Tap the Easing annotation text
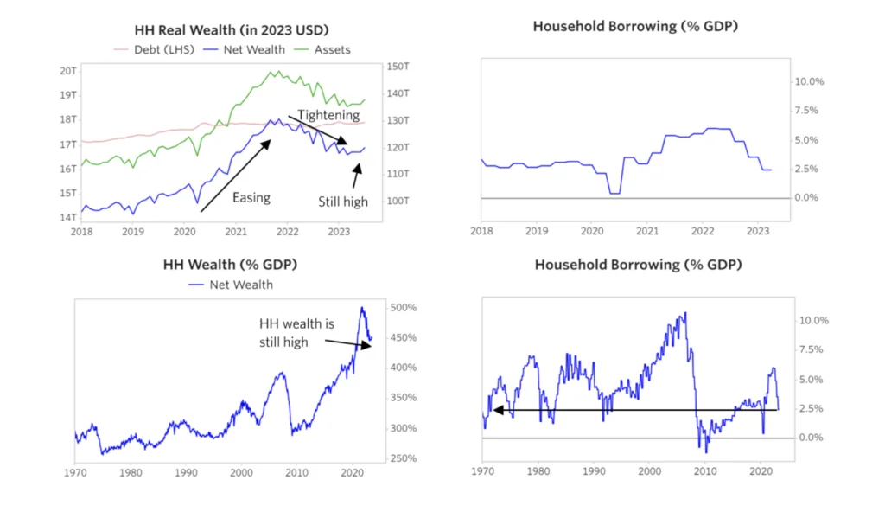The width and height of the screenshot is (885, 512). tap(251, 197)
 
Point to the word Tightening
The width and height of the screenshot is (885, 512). tap(328, 114)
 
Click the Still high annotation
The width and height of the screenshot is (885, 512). tap(342, 202)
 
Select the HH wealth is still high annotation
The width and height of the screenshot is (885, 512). tap(296, 332)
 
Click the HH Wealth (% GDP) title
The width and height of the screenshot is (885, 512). tap(226, 264)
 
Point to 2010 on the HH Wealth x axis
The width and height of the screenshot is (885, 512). tap(296, 473)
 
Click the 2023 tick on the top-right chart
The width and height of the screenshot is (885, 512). tap(757, 232)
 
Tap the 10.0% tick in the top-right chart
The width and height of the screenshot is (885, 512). tap(810, 81)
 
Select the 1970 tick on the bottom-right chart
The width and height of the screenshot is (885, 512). tap(482, 473)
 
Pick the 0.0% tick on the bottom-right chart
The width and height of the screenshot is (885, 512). tap(810, 438)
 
